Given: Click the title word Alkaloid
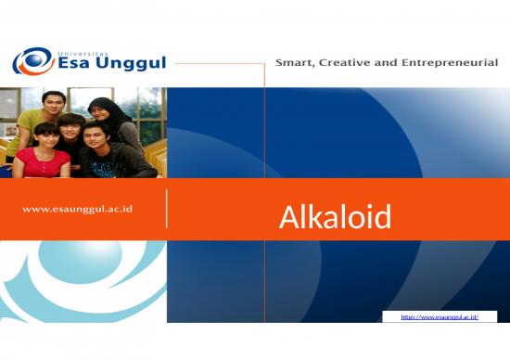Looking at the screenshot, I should click(335, 217).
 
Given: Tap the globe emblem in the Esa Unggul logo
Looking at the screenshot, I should click(32, 62).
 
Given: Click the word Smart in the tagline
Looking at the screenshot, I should click(296, 63).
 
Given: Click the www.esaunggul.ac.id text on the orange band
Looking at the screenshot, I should click(77, 209).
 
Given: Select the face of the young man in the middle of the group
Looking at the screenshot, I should click(70, 129).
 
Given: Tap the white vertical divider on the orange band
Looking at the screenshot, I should click(167, 209).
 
